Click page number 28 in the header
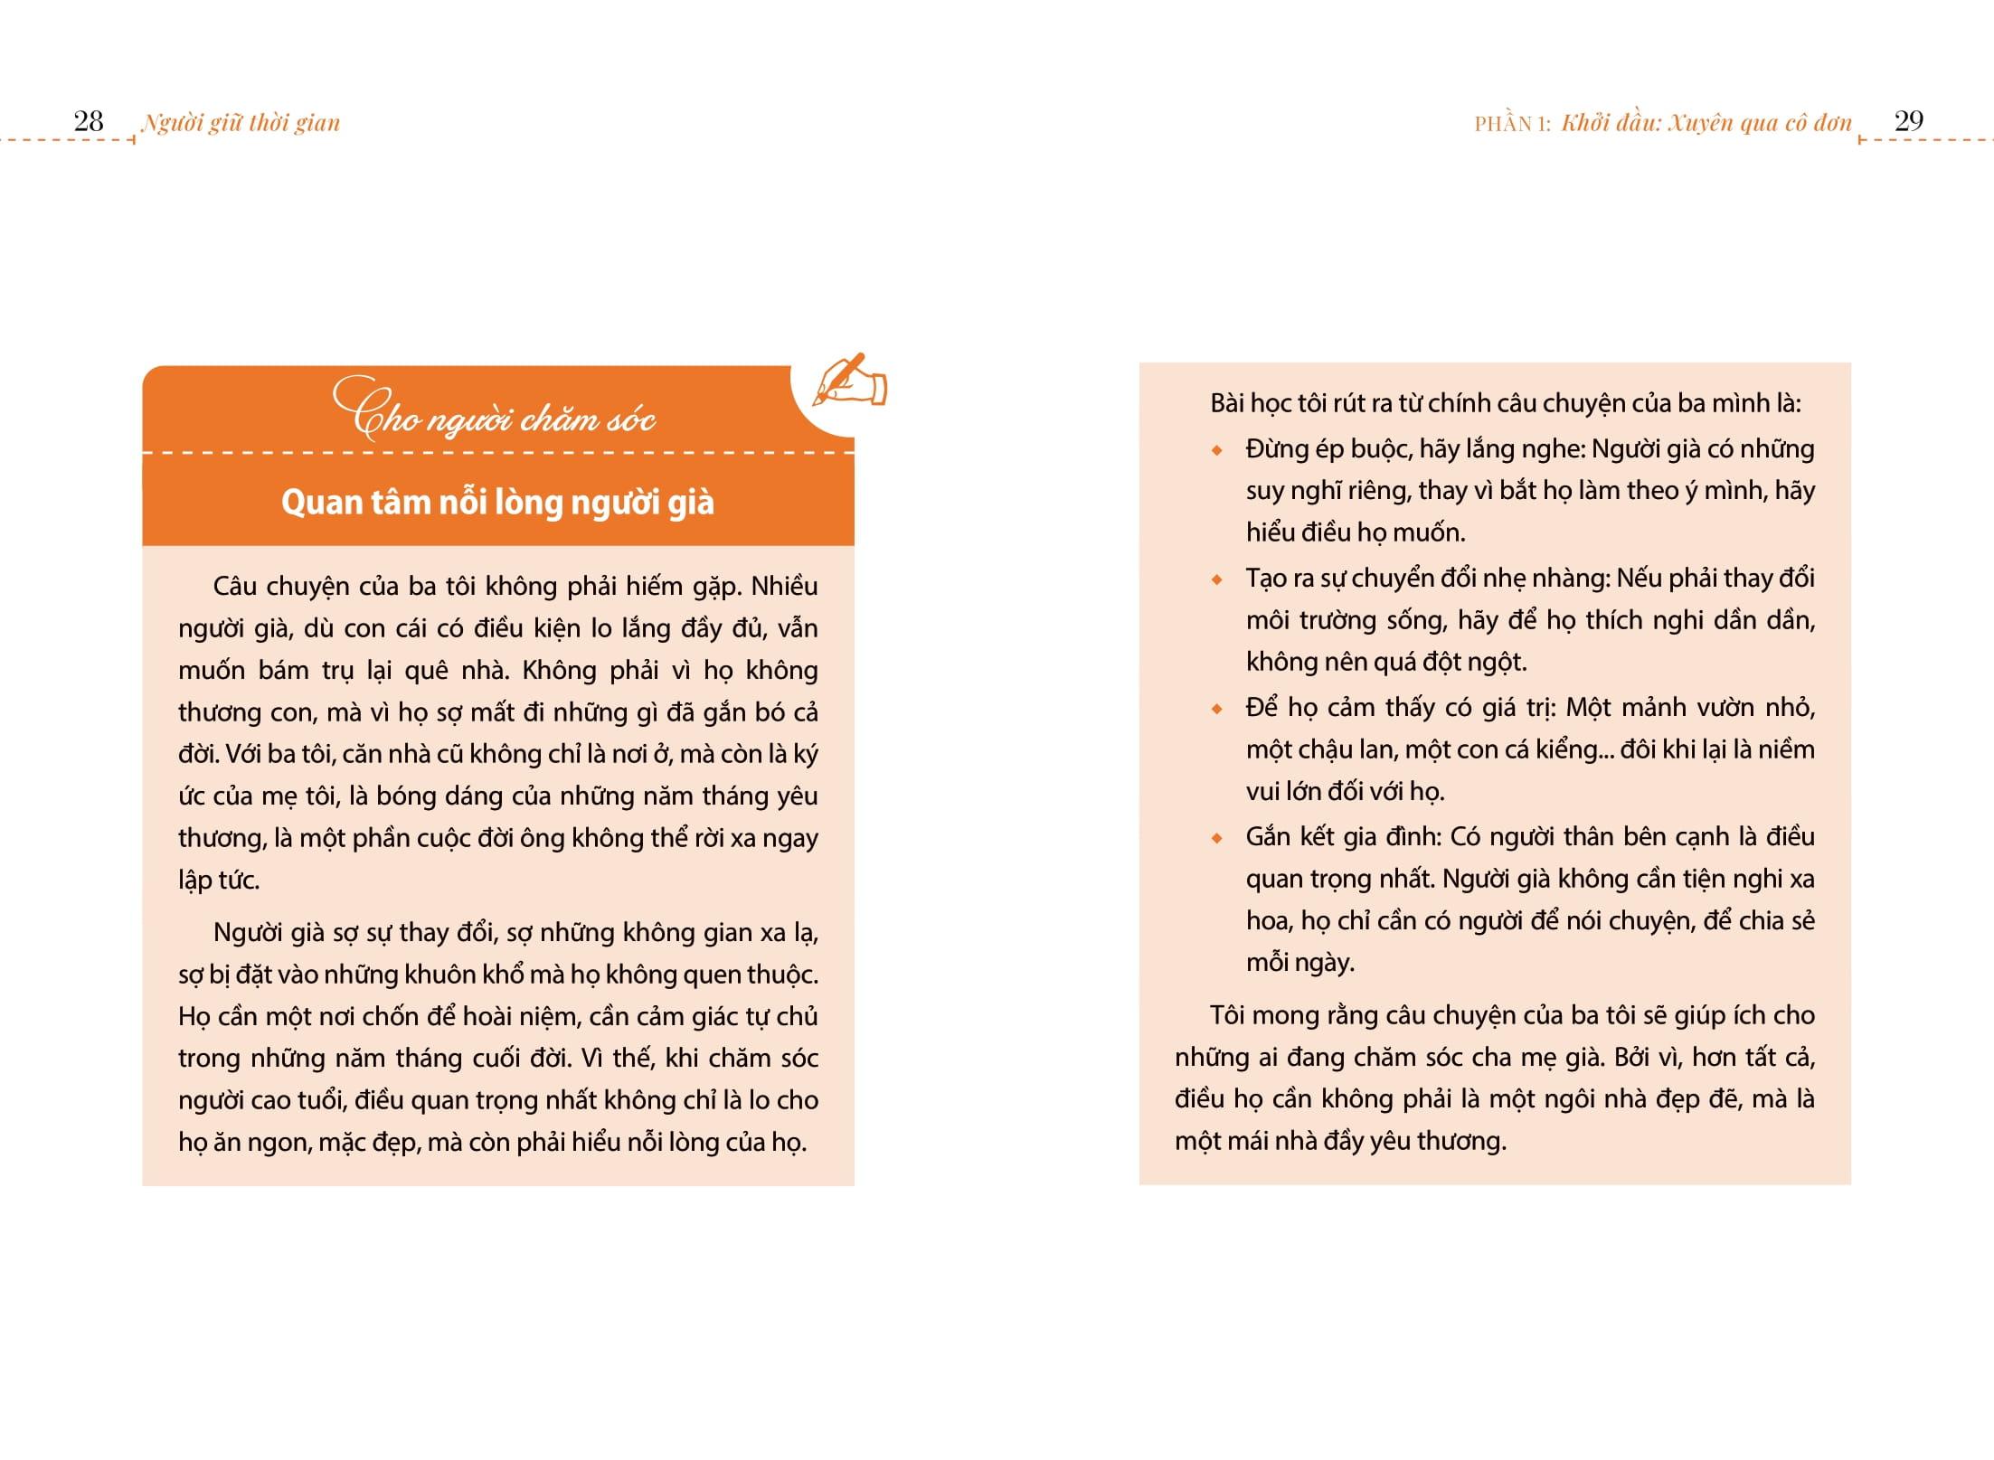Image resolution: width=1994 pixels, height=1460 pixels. tap(89, 121)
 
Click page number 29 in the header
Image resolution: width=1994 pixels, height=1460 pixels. tap(1908, 121)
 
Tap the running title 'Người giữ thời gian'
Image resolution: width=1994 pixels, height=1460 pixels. tap(241, 123)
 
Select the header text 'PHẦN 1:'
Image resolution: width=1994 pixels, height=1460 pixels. tap(1512, 124)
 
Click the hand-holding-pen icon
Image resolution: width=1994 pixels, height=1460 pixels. tap(849, 380)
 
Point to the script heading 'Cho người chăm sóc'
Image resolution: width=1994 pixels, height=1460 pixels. tap(495, 412)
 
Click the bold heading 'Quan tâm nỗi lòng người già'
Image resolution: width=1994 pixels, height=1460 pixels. tap(497, 502)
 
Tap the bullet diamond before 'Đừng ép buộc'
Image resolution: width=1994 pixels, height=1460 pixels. tap(1217, 450)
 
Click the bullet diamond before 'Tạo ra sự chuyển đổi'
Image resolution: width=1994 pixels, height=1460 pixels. tap(1217, 579)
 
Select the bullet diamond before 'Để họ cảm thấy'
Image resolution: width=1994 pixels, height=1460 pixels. tap(1217, 709)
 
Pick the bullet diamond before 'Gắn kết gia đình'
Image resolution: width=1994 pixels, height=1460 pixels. tap(1217, 838)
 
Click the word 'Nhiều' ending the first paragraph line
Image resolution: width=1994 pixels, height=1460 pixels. tap(784, 586)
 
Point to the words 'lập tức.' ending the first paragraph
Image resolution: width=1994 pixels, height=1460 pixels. tap(219, 880)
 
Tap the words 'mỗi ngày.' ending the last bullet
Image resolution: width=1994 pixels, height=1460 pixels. tap(1299, 962)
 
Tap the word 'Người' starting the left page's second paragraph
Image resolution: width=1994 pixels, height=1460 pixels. tap(246, 932)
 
